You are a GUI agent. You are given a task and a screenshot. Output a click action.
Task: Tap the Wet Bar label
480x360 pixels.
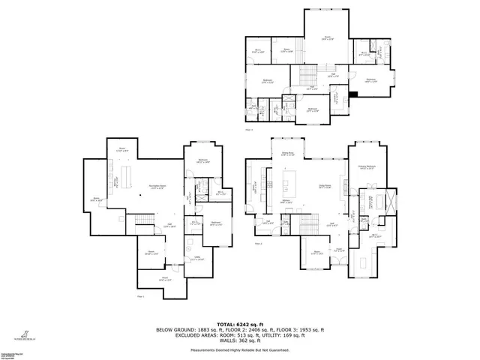tap(115, 184)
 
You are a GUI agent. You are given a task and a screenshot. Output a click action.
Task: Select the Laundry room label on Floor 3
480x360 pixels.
tap(335, 97)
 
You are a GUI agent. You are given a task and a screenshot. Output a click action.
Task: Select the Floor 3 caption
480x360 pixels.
tap(249, 128)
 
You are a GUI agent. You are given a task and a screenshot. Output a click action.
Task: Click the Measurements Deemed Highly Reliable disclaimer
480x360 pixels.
tap(239, 349)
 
